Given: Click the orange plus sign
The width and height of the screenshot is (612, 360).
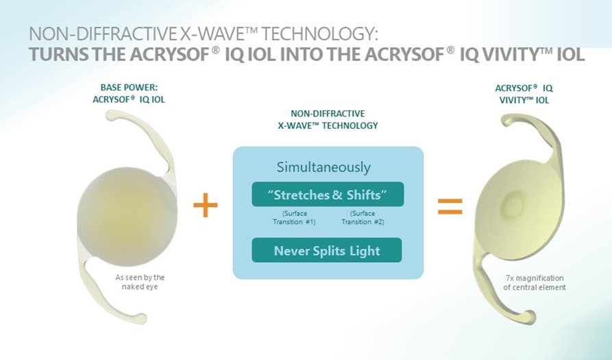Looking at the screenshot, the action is click(x=206, y=204).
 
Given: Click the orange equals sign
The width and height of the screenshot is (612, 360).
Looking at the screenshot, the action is click(x=450, y=206).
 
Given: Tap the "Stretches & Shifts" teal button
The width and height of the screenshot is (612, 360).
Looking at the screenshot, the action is click(x=328, y=194).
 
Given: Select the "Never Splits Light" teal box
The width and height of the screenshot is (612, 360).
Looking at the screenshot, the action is click(x=327, y=250).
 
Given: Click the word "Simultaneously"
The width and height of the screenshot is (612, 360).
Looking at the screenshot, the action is click(x=323, y=167).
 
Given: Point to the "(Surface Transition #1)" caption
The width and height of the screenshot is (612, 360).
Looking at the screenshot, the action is click(x=294, y=217).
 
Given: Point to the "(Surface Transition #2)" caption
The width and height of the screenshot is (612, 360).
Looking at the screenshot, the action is click(x=363, y=217).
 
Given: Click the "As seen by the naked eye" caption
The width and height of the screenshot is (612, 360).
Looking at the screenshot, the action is click(x=140, y=282).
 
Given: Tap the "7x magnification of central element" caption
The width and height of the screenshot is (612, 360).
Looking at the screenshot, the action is click(x=535, y=283).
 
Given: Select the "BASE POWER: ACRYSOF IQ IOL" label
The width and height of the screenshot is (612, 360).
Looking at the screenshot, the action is click(x=129, y=94).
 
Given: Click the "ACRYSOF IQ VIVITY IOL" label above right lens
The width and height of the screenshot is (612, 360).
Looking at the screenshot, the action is click(x=524, y=94).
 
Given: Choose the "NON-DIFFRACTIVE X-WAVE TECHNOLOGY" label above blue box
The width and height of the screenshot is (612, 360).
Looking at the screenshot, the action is click(x=328, y=119).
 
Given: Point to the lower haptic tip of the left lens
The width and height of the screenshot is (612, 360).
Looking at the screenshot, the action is click(x=141, y=318).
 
